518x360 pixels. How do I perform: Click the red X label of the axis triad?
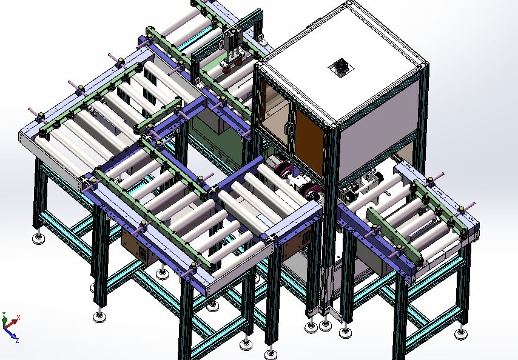pyautogui.click(x=18, y=318)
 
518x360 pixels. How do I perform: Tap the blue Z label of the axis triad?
pyautogui.click(x=17, y=341)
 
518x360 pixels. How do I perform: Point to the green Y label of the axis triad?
pyautogui.click(x=4, y=314)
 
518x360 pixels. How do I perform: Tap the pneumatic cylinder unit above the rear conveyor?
pyautogui.click(x=234, y=50)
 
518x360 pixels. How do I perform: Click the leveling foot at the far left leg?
pyautogui.click(x=39, y=238)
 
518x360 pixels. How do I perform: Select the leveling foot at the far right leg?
pyautogui.click(x=461, y=333)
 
